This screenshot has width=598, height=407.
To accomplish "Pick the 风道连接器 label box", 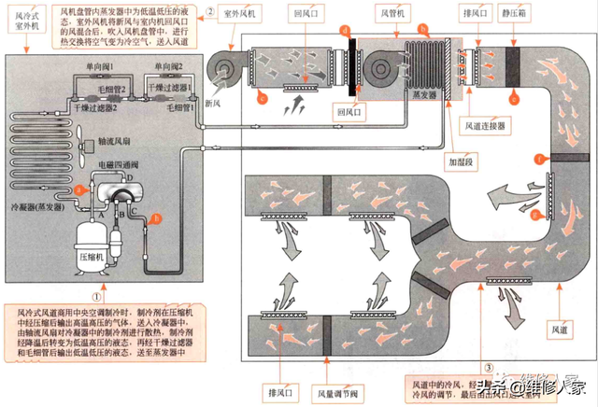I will pos(487,124).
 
